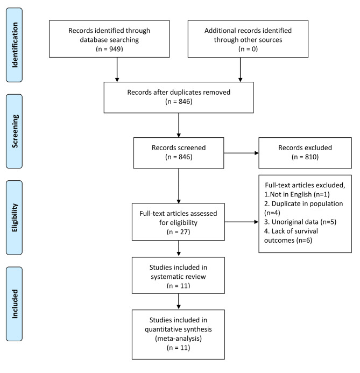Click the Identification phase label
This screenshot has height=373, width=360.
[15, 45]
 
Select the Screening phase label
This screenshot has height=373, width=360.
[15, 131]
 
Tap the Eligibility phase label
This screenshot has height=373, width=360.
[15, 217]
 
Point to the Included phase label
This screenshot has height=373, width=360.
[15, 304]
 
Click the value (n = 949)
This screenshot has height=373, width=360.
[109, 49]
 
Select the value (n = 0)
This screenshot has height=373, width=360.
[248, 49]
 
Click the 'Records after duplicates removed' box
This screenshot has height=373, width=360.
[179, 97]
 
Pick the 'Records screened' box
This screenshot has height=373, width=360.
[179, 153]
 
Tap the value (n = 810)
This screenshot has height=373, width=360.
[305, 157]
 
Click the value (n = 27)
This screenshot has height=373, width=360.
[178, 232]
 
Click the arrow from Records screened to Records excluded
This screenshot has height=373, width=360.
[241, 153]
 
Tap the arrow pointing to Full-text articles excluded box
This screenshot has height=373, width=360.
[242, 222]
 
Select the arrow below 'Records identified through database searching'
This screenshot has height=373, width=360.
[117, 69]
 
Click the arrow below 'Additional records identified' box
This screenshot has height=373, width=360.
[240, 69]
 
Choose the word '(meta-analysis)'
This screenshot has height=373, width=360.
[178, 338]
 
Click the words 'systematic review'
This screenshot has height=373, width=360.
[178, 277]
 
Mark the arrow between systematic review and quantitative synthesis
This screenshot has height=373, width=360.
[179, 301]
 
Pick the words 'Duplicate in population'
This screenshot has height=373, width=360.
[307, 203]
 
